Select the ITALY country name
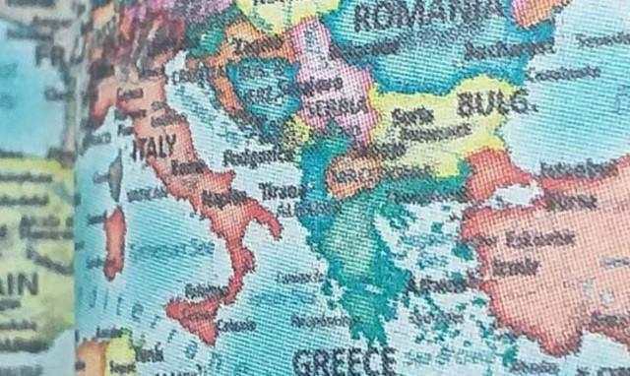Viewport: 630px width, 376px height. click(155, 147)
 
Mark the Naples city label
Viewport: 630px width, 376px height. click(223, 199)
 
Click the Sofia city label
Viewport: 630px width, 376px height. click(407, 115)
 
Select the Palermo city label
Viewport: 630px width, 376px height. click(206, 290)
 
